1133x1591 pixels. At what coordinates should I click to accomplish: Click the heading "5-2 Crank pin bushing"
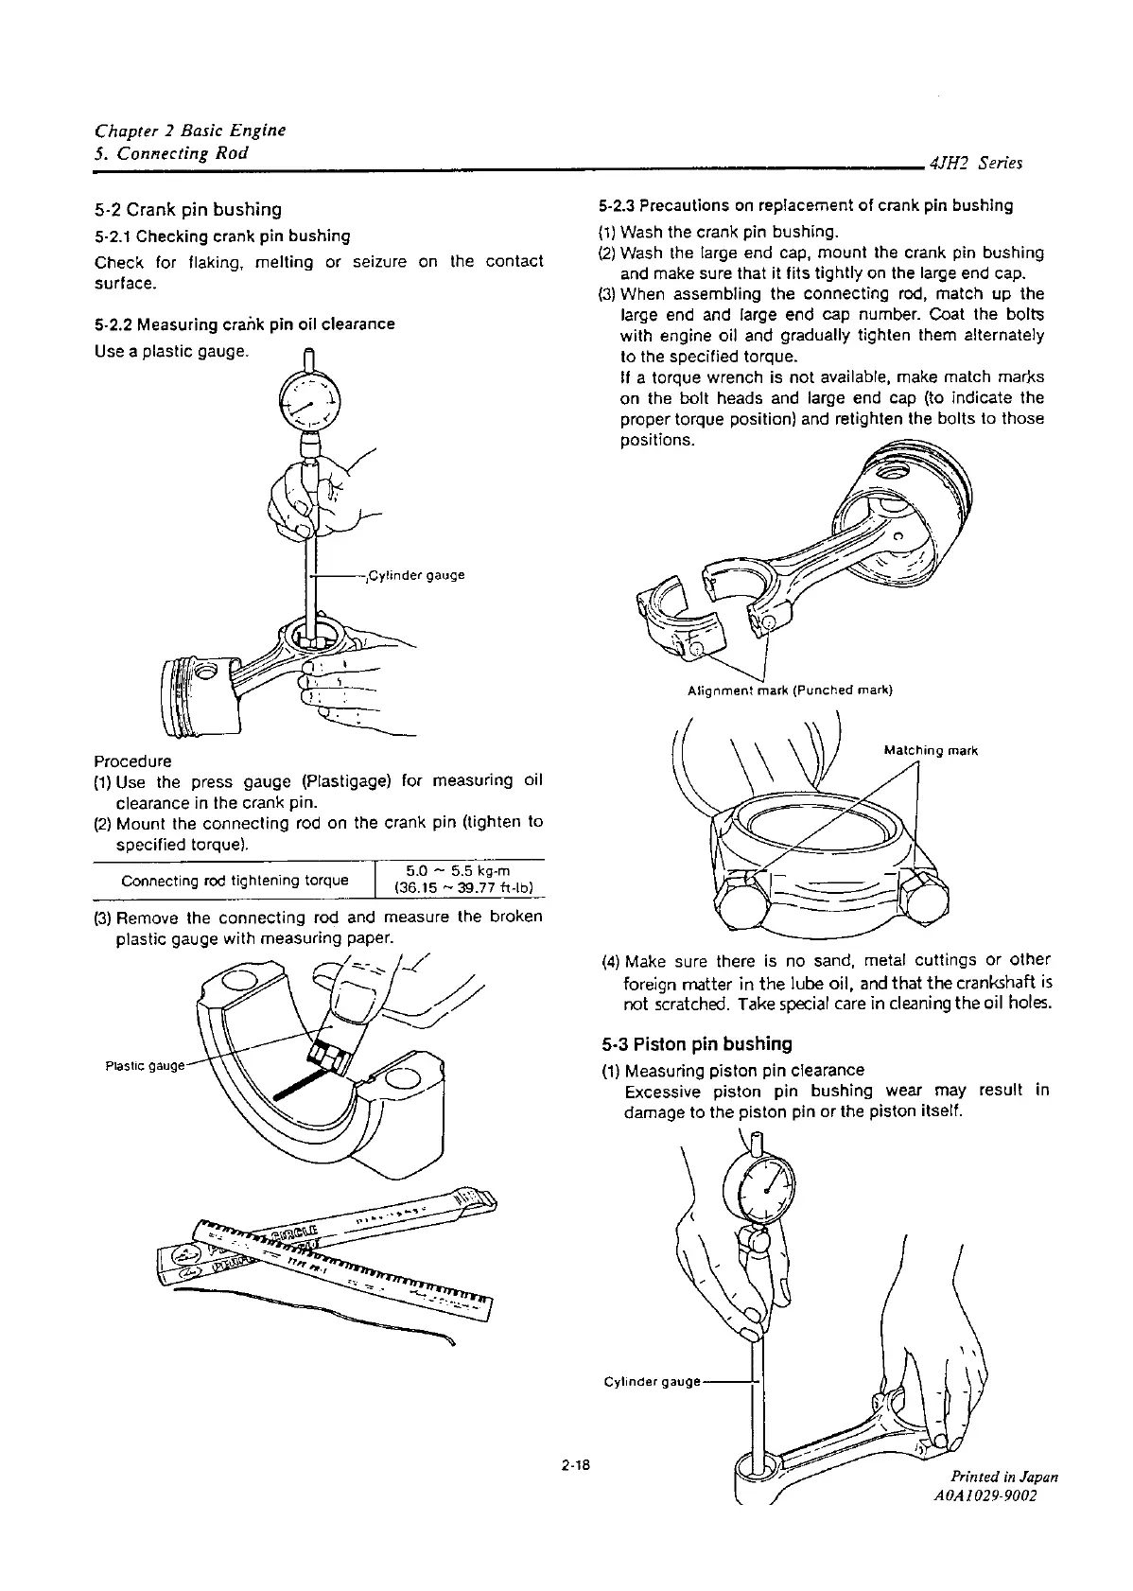coord(188,209)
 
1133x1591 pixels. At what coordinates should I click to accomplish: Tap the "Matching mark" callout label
coord(930,751)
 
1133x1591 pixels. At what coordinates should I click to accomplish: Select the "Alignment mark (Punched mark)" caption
coord(790,690)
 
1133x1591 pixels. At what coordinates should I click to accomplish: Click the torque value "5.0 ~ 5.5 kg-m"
coord(458,871)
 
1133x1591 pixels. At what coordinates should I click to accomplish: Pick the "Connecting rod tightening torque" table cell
coord(235,881)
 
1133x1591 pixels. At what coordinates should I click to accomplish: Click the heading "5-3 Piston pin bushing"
coord(696,1044)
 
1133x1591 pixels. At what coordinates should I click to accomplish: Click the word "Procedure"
coord(132,761)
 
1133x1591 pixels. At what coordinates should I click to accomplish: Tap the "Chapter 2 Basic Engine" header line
coord(190,130)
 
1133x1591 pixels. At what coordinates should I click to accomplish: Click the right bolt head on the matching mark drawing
coord(925,902)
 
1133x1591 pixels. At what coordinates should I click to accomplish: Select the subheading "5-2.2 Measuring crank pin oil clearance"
coord(244,324)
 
